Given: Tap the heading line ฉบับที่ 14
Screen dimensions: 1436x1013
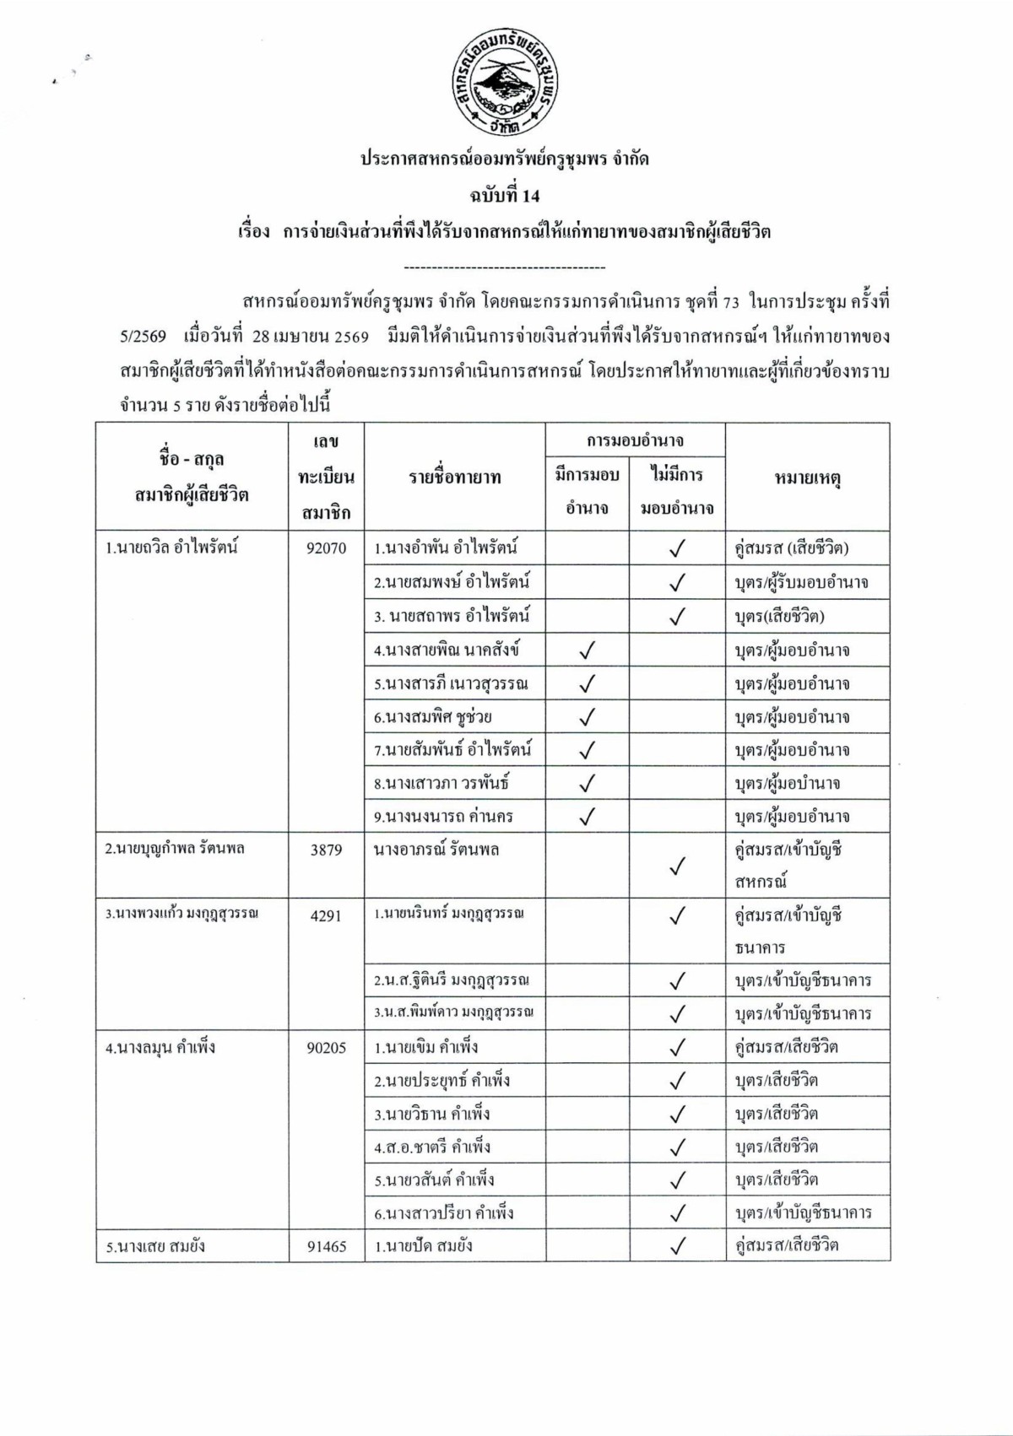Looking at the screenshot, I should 505,197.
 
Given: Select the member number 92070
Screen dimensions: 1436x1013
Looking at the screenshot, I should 327,548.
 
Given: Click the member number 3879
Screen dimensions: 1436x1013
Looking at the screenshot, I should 327,850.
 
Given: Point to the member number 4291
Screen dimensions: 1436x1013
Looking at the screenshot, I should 327,915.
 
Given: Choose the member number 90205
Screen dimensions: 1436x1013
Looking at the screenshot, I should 327,1048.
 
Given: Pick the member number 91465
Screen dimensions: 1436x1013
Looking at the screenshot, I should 327,1246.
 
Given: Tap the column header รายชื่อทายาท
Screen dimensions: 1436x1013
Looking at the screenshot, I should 455,478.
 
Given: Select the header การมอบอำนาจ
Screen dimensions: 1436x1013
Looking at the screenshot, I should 635,440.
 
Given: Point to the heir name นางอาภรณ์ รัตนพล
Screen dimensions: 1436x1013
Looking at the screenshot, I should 436,850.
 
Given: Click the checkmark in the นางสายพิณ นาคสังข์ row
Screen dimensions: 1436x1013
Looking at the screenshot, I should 588,651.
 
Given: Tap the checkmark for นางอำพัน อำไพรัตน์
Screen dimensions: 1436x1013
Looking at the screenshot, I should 676,549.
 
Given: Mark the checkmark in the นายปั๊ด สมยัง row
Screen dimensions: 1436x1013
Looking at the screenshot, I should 676,1246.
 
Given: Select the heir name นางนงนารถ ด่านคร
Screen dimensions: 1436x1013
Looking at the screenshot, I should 444,817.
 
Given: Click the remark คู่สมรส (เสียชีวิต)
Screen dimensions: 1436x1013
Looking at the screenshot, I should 792,548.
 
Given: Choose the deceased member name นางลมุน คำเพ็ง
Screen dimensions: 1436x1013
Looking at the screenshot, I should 160,1048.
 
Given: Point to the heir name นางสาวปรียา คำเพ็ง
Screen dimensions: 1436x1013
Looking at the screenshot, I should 444,1213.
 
